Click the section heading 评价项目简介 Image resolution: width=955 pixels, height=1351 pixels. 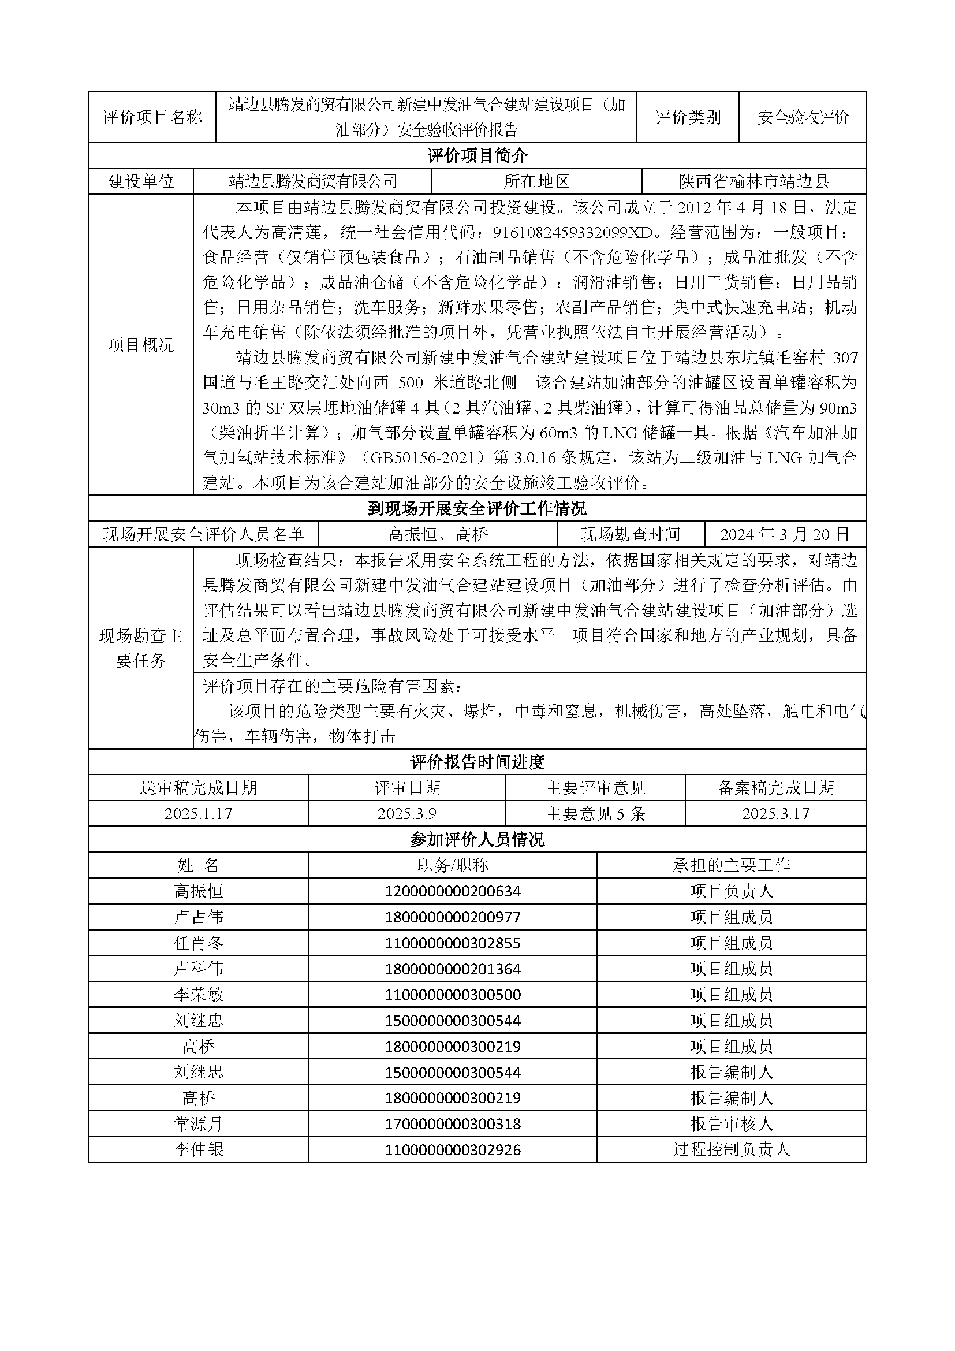[477, 156]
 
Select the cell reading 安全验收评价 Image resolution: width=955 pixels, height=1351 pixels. [803, 117]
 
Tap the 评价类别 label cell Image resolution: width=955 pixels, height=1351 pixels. [688, 117]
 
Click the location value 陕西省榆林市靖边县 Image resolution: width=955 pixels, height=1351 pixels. [754, 181]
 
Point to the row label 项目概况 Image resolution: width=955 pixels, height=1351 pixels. [141, 345]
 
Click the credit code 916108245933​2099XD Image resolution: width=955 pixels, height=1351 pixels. [573, 232]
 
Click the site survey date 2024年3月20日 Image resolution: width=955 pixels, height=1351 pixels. [785, 534]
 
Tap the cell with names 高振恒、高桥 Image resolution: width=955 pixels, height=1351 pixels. [438, 534]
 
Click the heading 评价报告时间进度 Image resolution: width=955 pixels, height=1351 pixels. [477, 762]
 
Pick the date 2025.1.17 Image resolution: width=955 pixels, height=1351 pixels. [198, 814]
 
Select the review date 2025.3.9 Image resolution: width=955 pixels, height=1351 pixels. [406, 814]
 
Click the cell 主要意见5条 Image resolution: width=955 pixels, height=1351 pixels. [595, 814]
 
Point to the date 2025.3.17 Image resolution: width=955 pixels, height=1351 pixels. [775, 814]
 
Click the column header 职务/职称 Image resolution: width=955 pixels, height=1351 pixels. [452, 865]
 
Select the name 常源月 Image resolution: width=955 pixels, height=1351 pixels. [198, 1124]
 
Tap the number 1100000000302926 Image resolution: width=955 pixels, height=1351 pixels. [452, 1150]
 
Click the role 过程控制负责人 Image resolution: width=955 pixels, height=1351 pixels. [731, 1150]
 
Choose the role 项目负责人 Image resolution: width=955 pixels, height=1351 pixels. [731, 891]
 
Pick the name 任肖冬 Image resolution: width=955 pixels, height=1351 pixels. [198, 943]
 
